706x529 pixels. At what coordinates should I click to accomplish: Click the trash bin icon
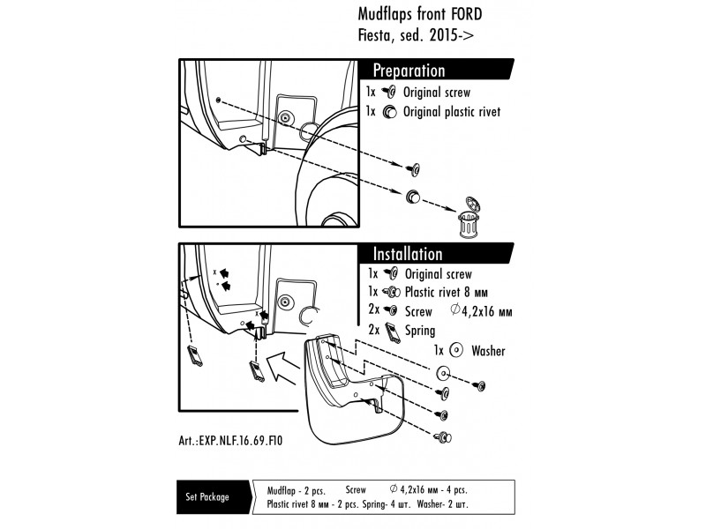coord(469,221)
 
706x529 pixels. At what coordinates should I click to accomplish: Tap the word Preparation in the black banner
coord(409,71)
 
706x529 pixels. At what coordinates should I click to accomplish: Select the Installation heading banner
coord(408,254)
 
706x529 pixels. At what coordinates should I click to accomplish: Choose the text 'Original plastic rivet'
coord(451,112)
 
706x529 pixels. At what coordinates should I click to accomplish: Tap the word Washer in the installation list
coord(488,351)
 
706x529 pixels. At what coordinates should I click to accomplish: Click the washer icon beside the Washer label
coord(457,350)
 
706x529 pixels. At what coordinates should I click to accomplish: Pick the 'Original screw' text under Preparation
coord(436,92)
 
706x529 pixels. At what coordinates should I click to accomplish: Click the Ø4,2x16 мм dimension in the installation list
coord(482,311)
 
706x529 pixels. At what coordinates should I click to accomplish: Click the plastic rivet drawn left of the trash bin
coord(412,195)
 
